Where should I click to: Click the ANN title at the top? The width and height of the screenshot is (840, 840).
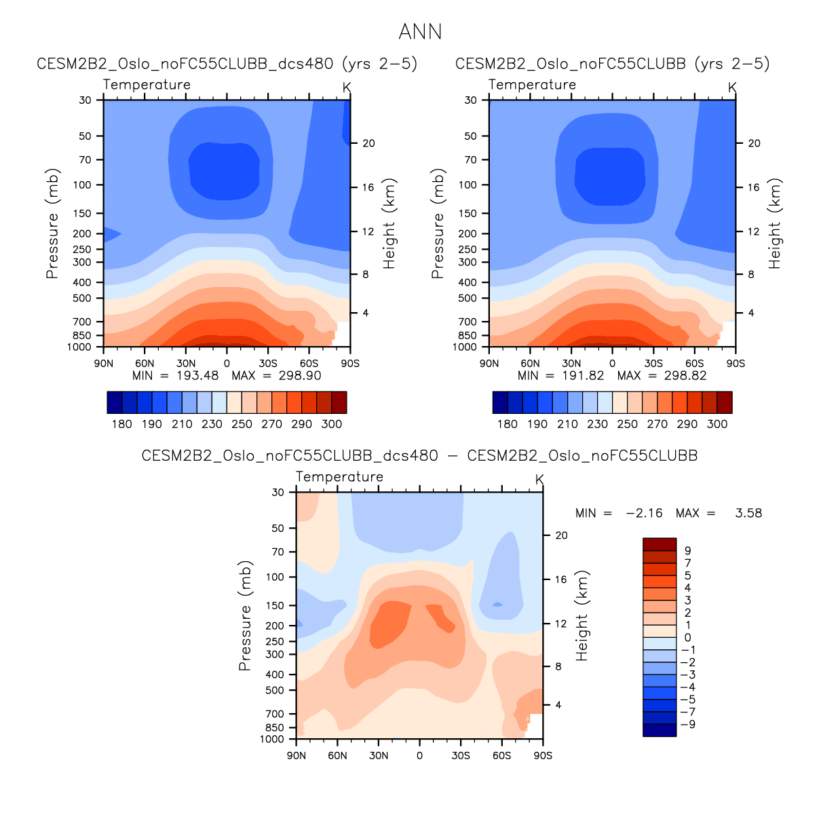pyautogui.click(x=420, y=32)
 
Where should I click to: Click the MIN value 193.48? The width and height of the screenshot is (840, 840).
pyautogui.click(x=197, y=376)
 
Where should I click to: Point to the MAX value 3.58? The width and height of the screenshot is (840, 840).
pyautogui.click(x=748, y=513)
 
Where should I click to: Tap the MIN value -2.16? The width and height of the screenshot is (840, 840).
pyautogui.click(x=644, y=513)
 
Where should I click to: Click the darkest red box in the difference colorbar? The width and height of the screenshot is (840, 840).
pyautogui.click(x=660, y=544)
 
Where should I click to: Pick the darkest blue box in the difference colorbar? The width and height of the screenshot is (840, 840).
pyautogui.click(x=660, y=730)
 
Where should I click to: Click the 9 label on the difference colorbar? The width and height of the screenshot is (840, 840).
pyautogui.click(x=687, y=551)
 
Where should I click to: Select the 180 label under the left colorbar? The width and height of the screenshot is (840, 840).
pyautogui.click(x=121, y=424)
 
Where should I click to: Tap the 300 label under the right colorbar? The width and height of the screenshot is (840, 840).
pyautogui.click(x=717, y=424)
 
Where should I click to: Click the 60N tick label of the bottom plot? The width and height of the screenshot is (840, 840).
pyautogui.click(x=337, y=756)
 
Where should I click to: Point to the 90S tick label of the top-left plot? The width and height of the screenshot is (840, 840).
pyautogui.click(x=350, y=364)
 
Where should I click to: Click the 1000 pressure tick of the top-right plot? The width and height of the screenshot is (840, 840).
pyautogui.click(x=465, y=347)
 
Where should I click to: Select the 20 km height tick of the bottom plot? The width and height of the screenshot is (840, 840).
pyautogui.click(x=561, y=535)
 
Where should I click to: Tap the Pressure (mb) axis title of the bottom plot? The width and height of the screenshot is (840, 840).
pyautogui.click(x=245, y=615)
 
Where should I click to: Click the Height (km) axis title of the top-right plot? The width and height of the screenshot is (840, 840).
pyautogui.click(x=775, y=223)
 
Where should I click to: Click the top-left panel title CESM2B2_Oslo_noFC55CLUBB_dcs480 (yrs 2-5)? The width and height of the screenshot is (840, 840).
pyautogui.click(x=227, y=64)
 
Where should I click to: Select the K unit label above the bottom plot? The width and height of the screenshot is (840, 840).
pyautogui.click(x=539, y=480)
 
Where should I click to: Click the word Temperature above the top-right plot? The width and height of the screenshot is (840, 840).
pyautogui.click(x=532, y=85)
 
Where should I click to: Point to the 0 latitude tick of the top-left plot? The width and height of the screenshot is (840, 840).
pyautogui.click(x=227, y=364)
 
